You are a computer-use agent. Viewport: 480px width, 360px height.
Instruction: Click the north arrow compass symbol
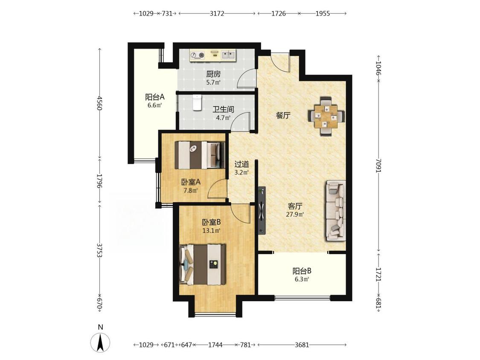(x=100, y=343)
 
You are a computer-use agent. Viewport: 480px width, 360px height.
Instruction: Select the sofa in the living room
(x=336, y=211)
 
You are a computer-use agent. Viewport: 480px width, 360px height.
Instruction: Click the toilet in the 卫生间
(x=197, y=102)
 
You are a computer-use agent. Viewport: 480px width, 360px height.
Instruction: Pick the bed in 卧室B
(x=203, y=264)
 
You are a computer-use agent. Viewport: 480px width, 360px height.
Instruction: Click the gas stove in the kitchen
(x=198, y=55)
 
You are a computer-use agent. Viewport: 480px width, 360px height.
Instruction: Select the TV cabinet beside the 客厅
(x=262, y=211)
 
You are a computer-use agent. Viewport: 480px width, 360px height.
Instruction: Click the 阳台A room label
(x=155, y=97)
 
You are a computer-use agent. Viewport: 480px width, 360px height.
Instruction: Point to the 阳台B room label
(x=302, y=271)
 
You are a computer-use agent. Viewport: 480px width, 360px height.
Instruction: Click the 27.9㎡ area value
(x=295, y=214)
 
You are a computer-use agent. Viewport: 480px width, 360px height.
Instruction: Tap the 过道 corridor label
(x=241, y=164)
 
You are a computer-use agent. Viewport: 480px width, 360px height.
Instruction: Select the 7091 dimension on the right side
(x=378, y=165)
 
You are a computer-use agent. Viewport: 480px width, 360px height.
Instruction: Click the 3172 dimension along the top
(x=217, y=14)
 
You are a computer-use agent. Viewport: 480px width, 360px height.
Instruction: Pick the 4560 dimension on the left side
(x=99, y=103)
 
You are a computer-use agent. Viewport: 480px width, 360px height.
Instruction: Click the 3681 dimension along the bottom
(x=302, y=345)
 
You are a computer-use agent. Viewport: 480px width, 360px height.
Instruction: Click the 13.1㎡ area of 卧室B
(x=211, y=230)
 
